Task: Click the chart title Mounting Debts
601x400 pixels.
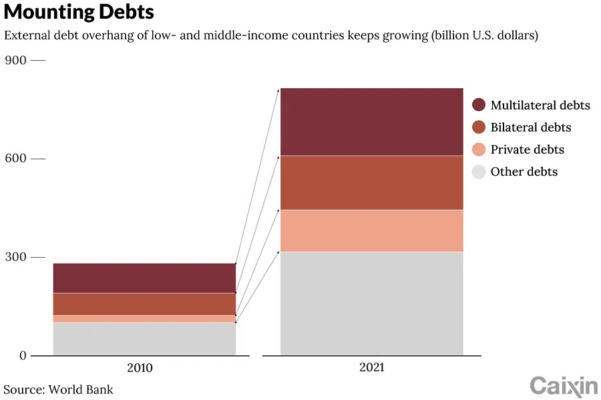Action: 79,12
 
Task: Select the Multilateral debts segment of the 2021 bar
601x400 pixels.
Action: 371,122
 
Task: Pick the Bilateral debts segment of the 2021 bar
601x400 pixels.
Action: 371,182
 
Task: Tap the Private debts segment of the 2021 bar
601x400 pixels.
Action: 371,230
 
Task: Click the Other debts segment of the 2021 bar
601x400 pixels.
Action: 371,303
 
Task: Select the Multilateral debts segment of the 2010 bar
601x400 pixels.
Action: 144,278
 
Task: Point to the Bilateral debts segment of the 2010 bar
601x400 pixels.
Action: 144,304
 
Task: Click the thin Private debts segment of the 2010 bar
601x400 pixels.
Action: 144,319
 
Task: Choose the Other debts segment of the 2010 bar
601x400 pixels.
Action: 144,339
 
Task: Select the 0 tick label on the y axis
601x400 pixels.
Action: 22,355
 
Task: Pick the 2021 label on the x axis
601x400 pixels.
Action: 371,368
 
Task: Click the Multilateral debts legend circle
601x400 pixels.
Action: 478,105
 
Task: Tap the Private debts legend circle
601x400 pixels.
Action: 478,150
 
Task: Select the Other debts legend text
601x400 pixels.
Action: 524,172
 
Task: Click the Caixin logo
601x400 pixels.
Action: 564,385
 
